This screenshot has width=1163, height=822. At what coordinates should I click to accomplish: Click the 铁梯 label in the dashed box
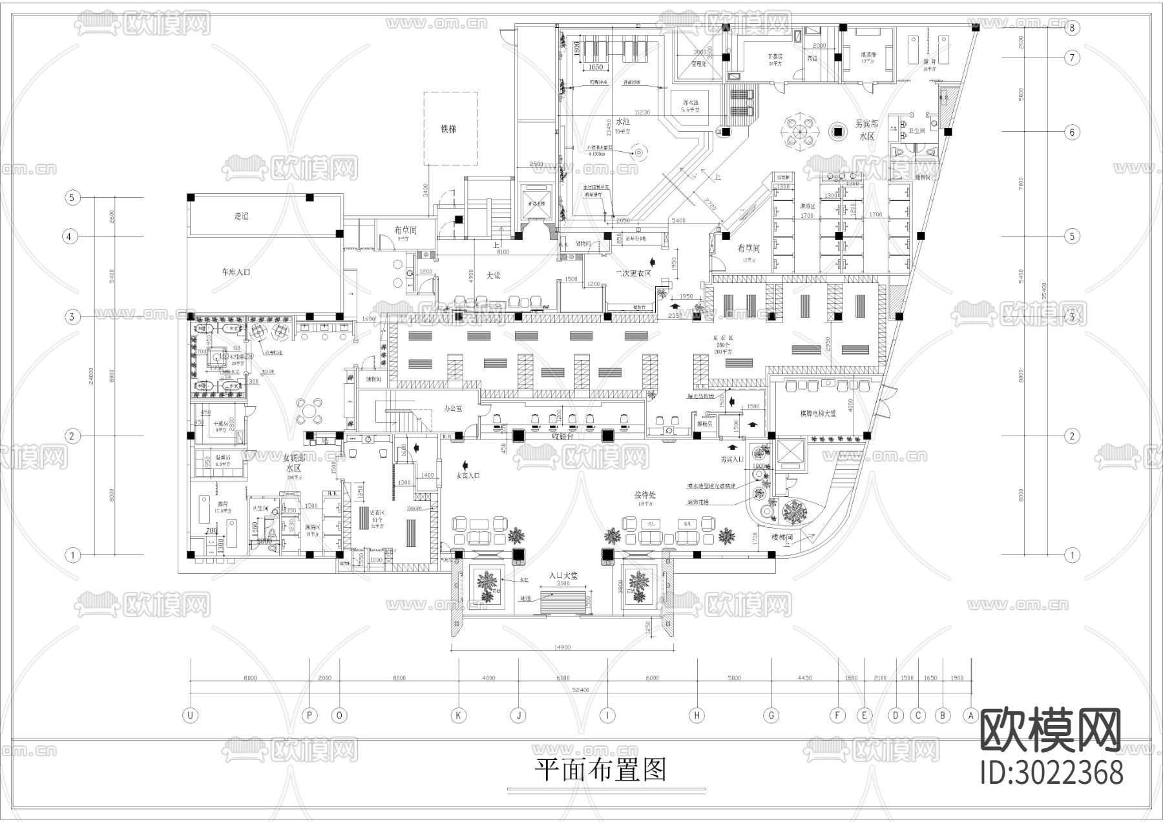point(449,129)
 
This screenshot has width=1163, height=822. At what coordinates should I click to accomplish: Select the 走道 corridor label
point(241,216)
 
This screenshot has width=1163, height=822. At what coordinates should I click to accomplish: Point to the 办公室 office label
point(455,409)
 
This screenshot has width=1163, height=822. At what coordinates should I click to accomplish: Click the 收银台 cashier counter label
point(563,435)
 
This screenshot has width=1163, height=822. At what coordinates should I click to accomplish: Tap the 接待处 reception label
point(645,494)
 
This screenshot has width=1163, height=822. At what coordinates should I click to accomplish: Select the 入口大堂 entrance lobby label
point(563,574)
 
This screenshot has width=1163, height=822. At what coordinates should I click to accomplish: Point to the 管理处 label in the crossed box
point(698,64)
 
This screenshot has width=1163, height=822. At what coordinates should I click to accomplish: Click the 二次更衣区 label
point(633,273)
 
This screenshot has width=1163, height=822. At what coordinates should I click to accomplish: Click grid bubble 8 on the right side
point(1073,27)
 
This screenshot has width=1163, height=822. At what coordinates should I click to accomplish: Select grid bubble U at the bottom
point(190,715)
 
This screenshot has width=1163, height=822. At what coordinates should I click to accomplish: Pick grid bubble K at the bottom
point(458,715)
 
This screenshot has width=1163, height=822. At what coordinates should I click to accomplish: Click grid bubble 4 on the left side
point(71,237)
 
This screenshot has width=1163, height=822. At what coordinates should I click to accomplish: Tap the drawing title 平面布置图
point(600,770)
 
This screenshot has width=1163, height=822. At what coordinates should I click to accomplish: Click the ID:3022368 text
point(1052,772)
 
